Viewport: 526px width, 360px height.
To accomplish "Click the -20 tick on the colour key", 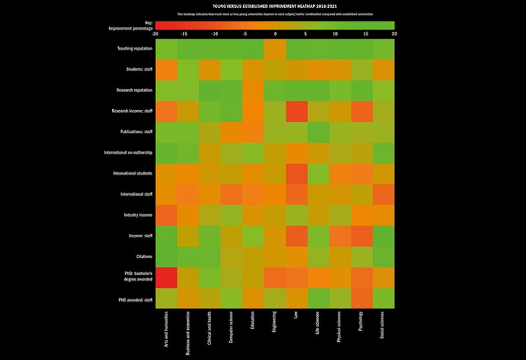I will (x=155, y=33).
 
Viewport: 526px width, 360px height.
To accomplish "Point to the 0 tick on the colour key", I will (x=275, y=33).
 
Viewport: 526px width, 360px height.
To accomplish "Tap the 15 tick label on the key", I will (x=365, y=33).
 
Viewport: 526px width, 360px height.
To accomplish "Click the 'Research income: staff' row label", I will (x=131, y=111).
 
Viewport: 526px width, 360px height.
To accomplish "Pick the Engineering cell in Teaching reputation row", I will (x=275, y=49).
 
